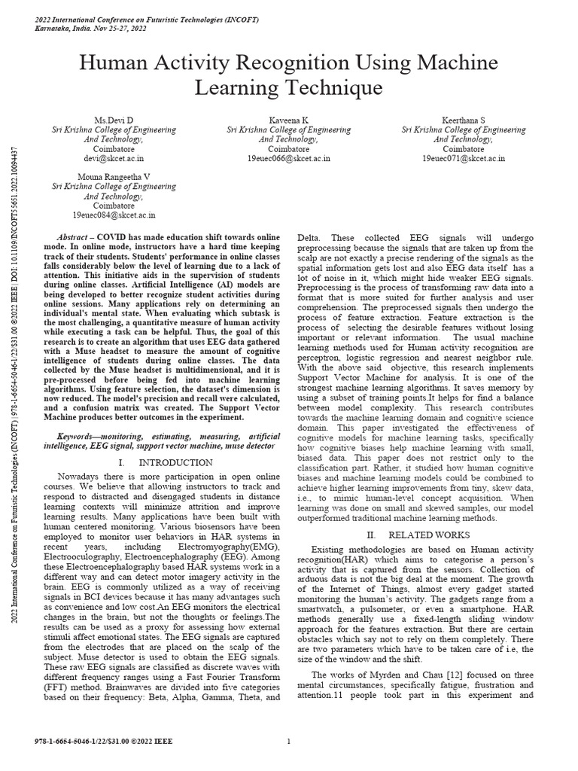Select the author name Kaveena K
tap(288, 120)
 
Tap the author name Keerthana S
tap(464, 120)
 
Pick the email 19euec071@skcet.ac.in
tap(464, 159)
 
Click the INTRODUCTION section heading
tap(176, 462)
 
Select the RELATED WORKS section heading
tap(432, 534)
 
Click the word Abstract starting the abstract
tap(75, 236)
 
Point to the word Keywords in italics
tap(80, 437)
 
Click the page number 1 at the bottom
tap(289, 742)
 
